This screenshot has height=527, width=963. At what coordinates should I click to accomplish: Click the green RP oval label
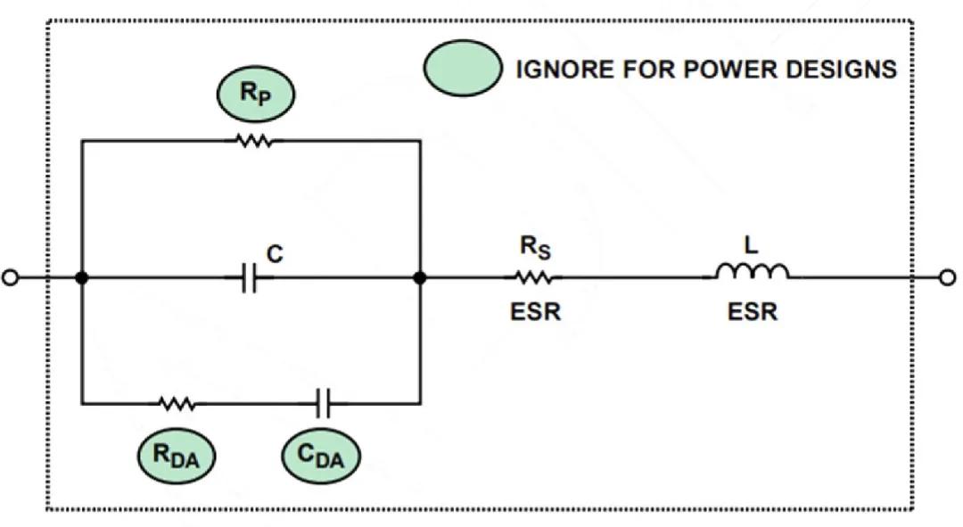click(x=256, y=95)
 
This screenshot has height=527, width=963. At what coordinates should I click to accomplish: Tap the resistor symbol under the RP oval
click(x=256, y=140)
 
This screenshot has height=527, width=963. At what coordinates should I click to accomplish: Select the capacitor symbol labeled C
click(x=251, y=278)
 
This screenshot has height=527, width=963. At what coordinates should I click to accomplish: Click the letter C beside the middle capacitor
click(x=276, y=255)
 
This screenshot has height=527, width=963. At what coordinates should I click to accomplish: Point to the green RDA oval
click(x=176, y=456)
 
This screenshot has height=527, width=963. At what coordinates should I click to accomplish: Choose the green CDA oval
click(x=321, y=456)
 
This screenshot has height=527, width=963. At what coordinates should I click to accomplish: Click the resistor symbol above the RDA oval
click(x=177, y=404)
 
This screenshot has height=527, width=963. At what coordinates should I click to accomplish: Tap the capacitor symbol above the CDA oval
click(x=323, y=404)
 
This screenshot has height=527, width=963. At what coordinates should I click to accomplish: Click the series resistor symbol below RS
click(x=533, y=278)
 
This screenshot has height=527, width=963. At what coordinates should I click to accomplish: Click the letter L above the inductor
click(x=751, y=245)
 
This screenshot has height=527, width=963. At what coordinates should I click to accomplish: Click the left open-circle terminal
click(x=11, y=278)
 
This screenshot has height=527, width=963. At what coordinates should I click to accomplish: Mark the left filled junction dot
click(x=82, y=278)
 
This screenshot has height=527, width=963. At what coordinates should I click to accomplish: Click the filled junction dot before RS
click(x=420, y=278)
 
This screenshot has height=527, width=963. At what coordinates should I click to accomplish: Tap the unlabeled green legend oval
click(x=461, y=69)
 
